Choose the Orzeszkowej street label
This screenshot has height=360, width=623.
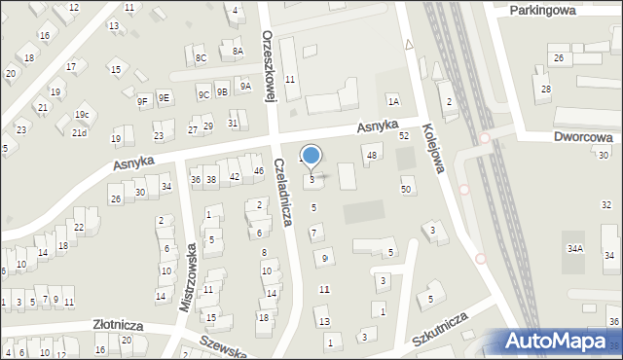pyautogui.click(x=270, y=63)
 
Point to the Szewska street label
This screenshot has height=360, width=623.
pyautogui.click(x=224, y=346)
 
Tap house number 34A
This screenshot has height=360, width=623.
pyautogui.click(x=575, y=249)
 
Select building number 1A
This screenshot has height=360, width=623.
pyautogui.click(x=393, y=101)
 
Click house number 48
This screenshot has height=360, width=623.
pyautogui.click(x=371, y=156)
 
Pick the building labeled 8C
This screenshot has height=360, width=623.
pyautogui.click(x=201, y=58)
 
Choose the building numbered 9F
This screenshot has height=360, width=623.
pyautogui.click(x=142, y=100)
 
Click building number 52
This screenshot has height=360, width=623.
pyautogui.click(x=404, y=136)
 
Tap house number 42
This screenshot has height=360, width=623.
pyautogui.click(x=235, y=176)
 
